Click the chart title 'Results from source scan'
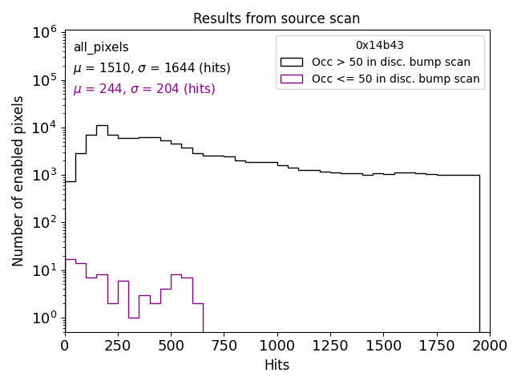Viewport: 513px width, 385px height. tap(277, 18)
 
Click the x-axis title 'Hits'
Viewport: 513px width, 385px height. tap(277, 365)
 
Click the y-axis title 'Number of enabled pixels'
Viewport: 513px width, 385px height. tap(18, 180)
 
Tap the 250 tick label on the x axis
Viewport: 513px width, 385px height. tap(118, 345)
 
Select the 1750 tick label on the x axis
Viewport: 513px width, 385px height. tap(436, 345)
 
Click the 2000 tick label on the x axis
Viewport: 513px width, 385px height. tap(489, 345)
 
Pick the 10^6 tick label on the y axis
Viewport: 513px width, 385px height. tap(45, 32)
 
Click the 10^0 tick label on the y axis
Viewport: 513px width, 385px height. tap(45, 318)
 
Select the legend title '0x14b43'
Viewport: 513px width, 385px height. tap(380, 46)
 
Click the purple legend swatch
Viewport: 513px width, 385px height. tap(292, 79)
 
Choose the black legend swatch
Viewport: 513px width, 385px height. tap(292, 62)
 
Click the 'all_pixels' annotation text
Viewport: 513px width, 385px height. tap(101, 47)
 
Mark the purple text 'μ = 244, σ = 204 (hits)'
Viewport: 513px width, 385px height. tap(144, 89)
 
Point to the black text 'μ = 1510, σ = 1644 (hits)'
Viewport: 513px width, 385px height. tap(151, 68)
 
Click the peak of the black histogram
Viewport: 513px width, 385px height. tap(102, 125)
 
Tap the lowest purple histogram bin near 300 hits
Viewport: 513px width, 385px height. tap(134, 318)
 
